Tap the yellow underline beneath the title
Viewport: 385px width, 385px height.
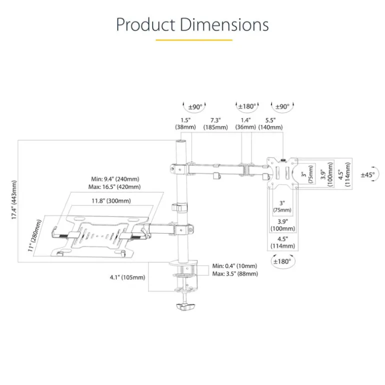(193, 39)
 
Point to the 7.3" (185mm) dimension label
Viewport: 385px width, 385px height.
(215, 123)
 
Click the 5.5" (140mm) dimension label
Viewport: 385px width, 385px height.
(270, 123)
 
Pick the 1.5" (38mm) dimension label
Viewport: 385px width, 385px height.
(185, 123)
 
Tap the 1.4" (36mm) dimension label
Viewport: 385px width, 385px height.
(245, 123)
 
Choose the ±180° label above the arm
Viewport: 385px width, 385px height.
(247, 106)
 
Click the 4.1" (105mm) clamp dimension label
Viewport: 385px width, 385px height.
(127, 277)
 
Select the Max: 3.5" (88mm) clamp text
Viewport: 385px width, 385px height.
(235, 273)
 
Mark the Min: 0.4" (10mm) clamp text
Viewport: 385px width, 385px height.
(234, 266)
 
